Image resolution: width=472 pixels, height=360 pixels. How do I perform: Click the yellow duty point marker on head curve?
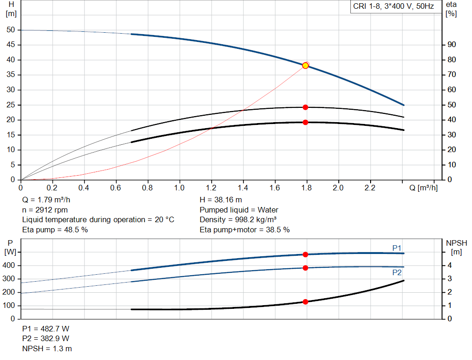tap(305, 65)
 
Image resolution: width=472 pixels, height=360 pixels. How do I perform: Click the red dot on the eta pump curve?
tap(305, 107)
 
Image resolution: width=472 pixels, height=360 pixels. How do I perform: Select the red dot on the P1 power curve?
tap(305, 254)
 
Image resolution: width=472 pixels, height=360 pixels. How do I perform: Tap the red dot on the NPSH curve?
tap(305, 302)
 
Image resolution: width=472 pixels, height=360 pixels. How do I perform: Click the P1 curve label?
tap(397, 248)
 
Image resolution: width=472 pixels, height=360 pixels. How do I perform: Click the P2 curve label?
tap(397, 272)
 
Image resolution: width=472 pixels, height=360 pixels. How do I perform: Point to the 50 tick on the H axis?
tap(11, 30)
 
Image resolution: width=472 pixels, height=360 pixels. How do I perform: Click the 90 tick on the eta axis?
tap(452, 45)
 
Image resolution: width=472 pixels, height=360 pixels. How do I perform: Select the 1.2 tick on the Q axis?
tap(212, 188)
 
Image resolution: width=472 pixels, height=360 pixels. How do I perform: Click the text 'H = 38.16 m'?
tap(221, 200)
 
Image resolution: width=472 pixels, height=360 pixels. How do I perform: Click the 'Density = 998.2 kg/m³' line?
tap(238, 219)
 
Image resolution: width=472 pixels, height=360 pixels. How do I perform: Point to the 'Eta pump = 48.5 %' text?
tap(55, 230)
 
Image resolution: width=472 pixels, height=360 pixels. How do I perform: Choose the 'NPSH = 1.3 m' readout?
tap(47, 349)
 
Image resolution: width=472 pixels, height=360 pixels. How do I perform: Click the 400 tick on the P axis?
tap(10, 266)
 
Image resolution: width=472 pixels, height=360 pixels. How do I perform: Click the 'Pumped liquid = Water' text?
tap(239, 210)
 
